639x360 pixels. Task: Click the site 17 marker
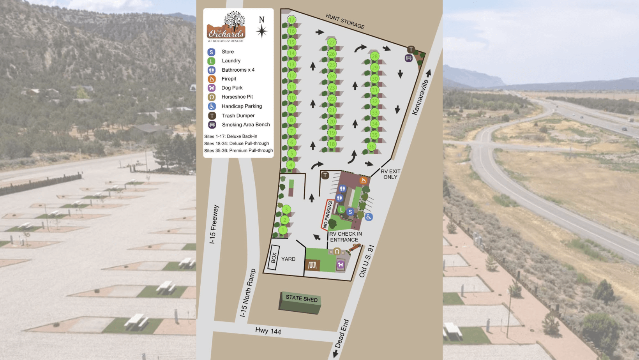click(x=291, y=20)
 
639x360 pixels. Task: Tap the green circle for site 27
click(x=332, y=42)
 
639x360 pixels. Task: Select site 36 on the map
click(x=371, y=147)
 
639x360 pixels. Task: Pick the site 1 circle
click(x=283, y=230)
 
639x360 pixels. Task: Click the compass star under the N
click(x=261, y=31)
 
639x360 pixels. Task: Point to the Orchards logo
click(x=226, y=27)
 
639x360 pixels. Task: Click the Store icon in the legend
click(x=211, y=52)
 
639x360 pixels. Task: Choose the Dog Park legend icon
click(x=212, y=88)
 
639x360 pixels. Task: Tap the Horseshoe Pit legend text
click(x=237, y=97)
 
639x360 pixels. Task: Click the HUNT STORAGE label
click(x=345, y=21)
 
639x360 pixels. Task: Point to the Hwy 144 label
click(x=268, y=331)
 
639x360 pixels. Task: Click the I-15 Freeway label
click(x=214, y=224)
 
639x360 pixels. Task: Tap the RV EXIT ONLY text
click(x=390, y=174)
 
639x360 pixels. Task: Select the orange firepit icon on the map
click(x=363, y=180)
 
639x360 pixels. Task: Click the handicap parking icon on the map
click(x=369, y=217)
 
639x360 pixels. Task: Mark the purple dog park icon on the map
click(x=341, y=265)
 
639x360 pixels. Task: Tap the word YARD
click(x=288, y=259)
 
